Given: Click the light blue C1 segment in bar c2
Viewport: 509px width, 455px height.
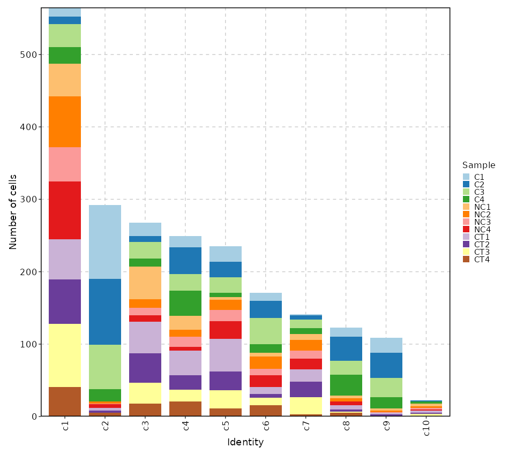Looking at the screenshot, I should coord(104,242).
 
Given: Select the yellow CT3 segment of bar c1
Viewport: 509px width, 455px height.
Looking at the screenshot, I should coord(64,355).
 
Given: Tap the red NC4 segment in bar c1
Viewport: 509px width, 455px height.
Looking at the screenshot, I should coord(64,210).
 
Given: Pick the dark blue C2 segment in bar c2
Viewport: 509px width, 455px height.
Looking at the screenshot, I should coord(104,312).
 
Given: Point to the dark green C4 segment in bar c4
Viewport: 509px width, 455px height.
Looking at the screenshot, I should coord(185,303).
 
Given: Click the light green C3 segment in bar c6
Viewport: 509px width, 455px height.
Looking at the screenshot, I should coord(265,331).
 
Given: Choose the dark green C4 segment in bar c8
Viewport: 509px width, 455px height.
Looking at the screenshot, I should coord(346,385).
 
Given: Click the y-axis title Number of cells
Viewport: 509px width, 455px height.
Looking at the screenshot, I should coord(13,212).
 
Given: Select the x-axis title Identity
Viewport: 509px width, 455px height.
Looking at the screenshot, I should coord(245,443).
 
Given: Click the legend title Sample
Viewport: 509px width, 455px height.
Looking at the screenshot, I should coord(478,165).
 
